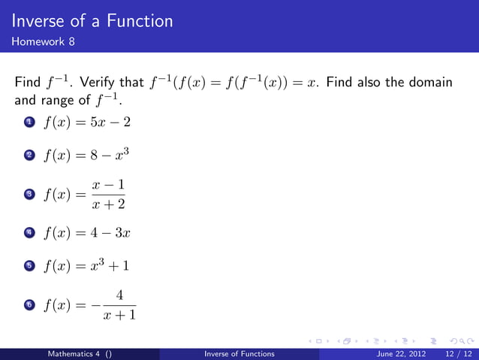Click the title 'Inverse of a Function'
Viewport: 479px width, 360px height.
coord(92,21)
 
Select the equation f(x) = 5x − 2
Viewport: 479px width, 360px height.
coord(88,122)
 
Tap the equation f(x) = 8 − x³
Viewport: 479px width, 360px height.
coord(88,156)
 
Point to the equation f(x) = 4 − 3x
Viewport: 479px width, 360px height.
coord(88,232)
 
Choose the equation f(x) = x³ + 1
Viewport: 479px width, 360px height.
coord(88,266)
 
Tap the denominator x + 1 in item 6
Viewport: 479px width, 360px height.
coord(120,315)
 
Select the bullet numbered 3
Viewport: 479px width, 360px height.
coord(29,194)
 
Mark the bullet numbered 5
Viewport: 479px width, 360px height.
coord(29,267)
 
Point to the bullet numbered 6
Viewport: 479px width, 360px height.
coord(29,305)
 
